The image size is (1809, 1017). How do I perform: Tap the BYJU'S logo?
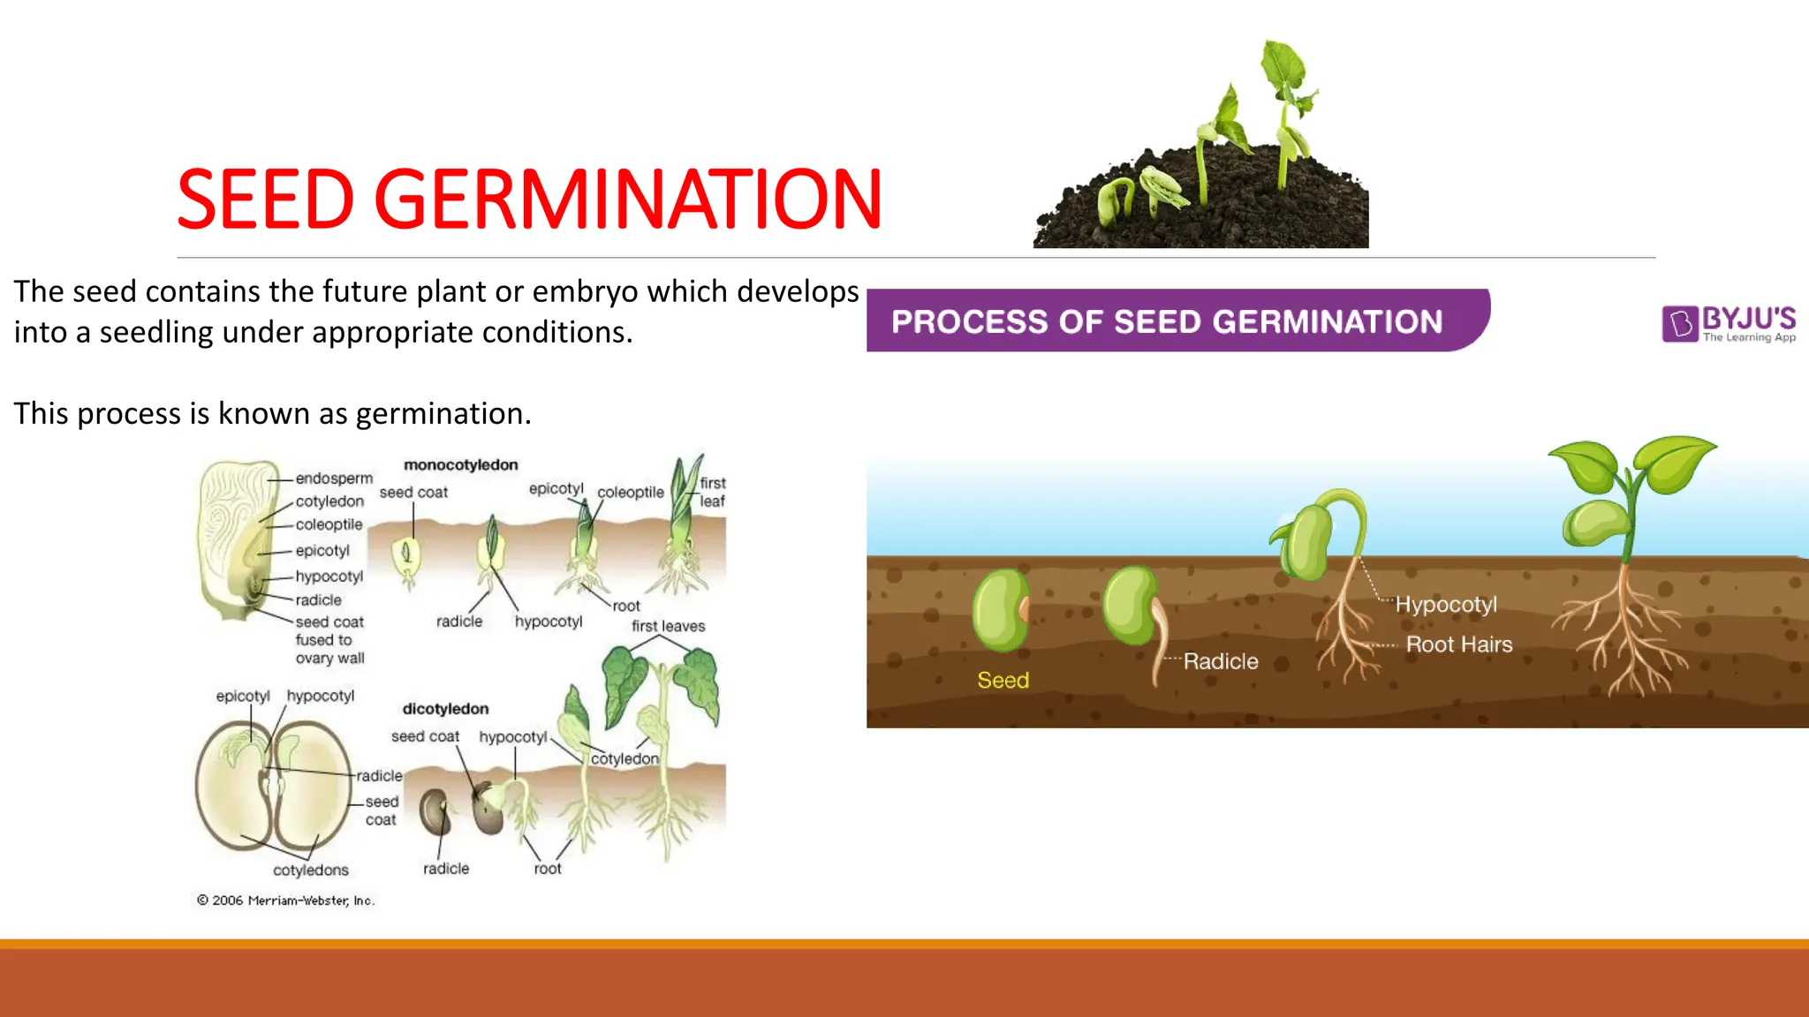[1729, 323]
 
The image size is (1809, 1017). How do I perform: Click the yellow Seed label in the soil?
[1003, 681]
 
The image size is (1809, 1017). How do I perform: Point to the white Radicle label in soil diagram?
[1221, 661]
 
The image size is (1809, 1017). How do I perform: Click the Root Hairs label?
[1458, 644]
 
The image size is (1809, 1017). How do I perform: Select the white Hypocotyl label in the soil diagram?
[1446, 605]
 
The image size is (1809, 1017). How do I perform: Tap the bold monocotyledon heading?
[460, 465]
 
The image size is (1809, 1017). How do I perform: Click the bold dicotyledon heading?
[445, 709]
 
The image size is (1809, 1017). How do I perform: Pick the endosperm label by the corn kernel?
[334, 478]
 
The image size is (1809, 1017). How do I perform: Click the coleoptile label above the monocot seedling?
[630, 493]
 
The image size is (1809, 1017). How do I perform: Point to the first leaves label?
[668, 626]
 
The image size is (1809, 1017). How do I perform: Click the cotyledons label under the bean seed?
[310, 870]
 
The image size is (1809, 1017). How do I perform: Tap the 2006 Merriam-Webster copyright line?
[285, 900]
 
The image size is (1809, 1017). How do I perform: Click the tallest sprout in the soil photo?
[1285, 106]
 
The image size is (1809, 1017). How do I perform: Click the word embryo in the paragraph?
[585, 291]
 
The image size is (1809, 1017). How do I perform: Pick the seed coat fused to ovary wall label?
[329, 640]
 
